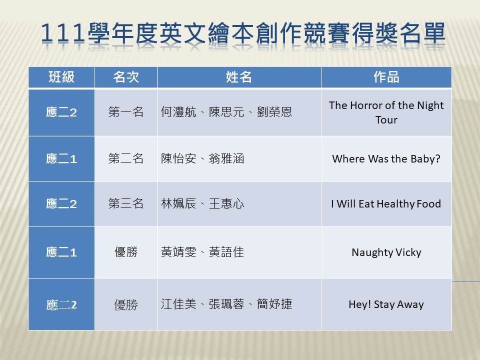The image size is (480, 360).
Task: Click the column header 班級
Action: tap(61, 77)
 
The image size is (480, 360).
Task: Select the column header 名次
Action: tap(126, 77)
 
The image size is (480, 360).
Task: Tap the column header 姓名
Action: tap(239, 77)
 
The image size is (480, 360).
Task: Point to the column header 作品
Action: tap(386, 77)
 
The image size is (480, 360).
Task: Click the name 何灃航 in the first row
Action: tap(178, 112)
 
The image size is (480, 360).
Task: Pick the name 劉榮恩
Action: tap(274, 112)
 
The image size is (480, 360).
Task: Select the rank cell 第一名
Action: tap(126, 112)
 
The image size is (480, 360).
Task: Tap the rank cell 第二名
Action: tap(126, 158)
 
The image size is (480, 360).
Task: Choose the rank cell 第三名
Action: tap(126, 203)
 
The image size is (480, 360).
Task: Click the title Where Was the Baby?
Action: tap(386, 159)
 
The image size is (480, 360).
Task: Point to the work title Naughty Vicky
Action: tap(386, 252)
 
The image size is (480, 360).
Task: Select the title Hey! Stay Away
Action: tap(386, 304)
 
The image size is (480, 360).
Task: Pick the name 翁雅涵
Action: tap(226, 158)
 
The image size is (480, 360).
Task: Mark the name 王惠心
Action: tap(226, 203)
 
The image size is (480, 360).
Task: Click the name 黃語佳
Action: tap(226, 252)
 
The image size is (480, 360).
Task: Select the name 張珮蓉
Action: tap(226, 304)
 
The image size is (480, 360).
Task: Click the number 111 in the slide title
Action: tap(62, 33)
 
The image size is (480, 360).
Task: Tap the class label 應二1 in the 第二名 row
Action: tap(61, 159)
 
